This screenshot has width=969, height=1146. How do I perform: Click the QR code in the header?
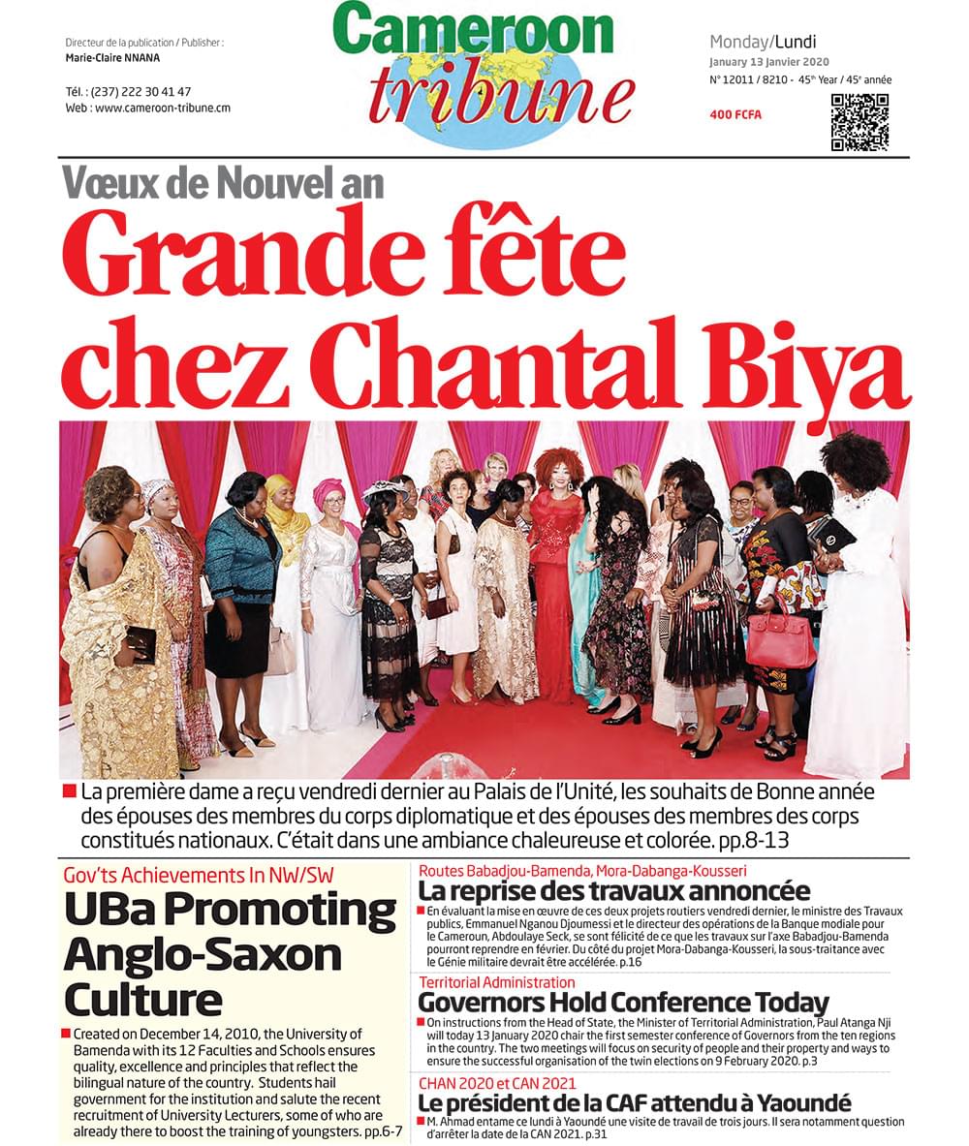pyautogui.click(x=860, y=122)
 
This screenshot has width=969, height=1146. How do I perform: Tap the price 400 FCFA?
pyautogui.click(x=735, y=115)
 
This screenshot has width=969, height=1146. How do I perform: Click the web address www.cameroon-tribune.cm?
pyautogui.click(x=162, y=108)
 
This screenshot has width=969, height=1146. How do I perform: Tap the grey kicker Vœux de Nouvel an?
pyautogui.click(x=223, y=182)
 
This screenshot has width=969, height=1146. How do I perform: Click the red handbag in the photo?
pyautogui.click(x=780, y=639)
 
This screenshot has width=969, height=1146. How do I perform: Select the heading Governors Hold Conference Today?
pyautogui.click(x=623, y=1002)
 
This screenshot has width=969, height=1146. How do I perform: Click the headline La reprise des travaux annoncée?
pyautogui.click(x=613, y=890)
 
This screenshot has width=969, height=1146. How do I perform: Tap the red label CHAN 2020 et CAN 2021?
pyautogui.click(x=497, y=1083)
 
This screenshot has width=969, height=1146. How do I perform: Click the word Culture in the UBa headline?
pyautogui.click(x=142, y=999)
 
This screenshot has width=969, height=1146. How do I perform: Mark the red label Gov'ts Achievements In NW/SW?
pyautogui.click(x=199, y=875)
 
